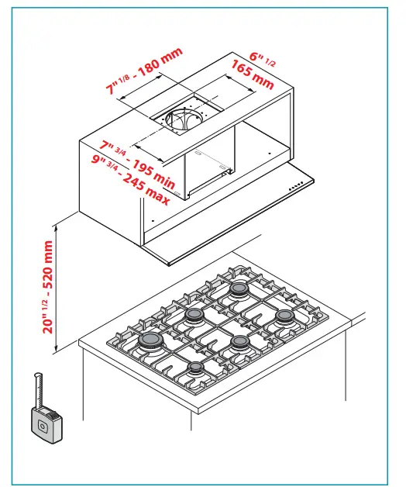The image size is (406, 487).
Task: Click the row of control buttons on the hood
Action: (296, 188)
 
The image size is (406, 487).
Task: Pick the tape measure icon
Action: (44, 423)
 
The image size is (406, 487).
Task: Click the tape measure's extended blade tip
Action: (36, 378)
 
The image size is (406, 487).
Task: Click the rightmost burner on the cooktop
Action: (284, 316)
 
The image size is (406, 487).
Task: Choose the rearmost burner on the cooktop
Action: (238, 288)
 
